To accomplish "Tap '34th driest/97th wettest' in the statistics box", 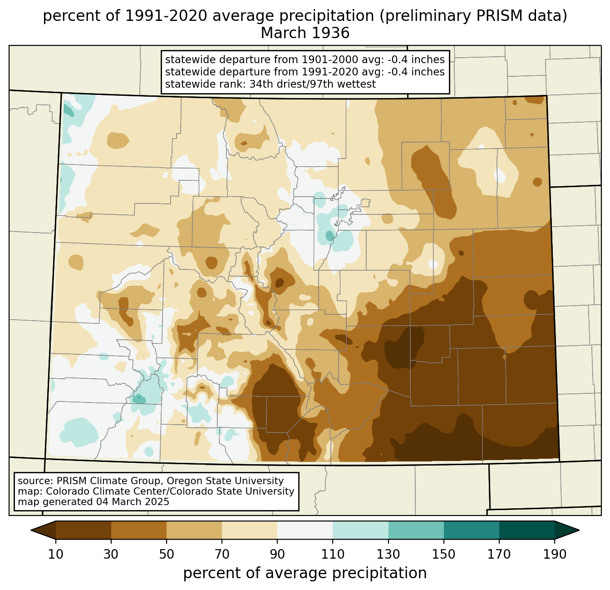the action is (x=313, y=84).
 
